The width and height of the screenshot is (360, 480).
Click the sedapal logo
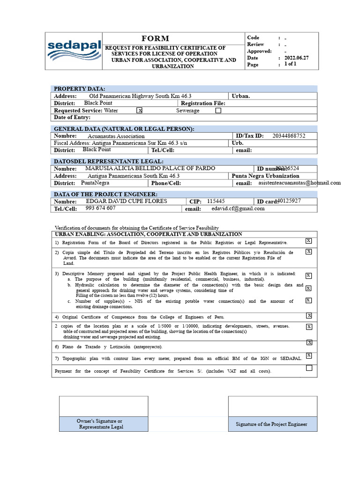click(74, 51)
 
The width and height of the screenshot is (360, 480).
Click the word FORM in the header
click(155, 38)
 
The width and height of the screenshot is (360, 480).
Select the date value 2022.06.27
click(296, 58)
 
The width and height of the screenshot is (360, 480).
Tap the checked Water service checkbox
click(139, 111)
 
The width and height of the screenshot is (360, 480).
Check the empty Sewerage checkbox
click(218, 111)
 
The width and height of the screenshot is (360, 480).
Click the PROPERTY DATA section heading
click(80, 89)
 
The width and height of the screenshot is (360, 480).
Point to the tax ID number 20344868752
click(289, 136)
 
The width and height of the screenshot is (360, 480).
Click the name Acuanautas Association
click(116, 136)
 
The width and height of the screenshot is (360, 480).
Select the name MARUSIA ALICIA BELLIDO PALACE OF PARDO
click(150, 168)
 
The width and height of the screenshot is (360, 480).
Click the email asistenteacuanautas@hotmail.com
click(300, 183)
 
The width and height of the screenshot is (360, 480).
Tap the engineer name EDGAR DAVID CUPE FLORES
click(127, 201)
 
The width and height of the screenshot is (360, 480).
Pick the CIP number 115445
click(216, 201)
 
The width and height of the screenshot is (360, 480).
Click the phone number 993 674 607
click(100, 208)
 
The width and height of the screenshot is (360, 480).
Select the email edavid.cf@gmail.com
click(238, 209)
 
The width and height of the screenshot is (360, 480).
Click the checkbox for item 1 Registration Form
click(308, 240)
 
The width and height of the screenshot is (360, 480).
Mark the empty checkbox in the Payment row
click(309, 368)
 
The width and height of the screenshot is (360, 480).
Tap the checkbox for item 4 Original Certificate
click(309, 315)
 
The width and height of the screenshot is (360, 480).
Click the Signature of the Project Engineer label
click(271, 424)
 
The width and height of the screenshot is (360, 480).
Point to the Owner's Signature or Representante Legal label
click(101, 424)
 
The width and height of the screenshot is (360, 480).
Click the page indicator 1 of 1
click(291, 64)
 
